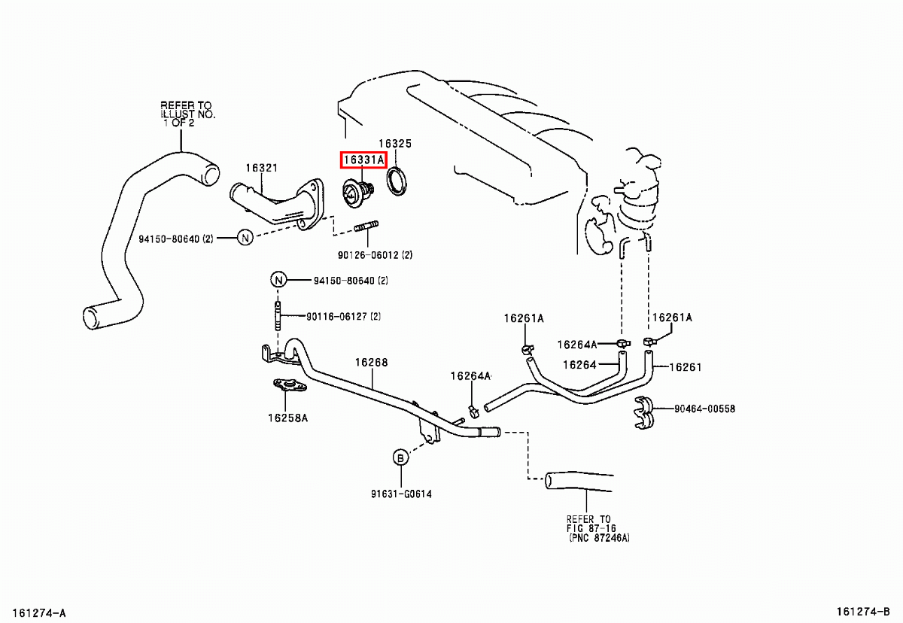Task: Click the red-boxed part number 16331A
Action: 363,160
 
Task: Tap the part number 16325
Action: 394,143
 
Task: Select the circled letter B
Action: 400,457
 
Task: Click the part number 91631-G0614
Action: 400,494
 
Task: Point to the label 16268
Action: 371,362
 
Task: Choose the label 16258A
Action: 287,417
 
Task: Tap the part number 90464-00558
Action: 704,409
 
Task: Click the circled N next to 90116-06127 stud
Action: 278,280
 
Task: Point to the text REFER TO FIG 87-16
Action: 589,524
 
